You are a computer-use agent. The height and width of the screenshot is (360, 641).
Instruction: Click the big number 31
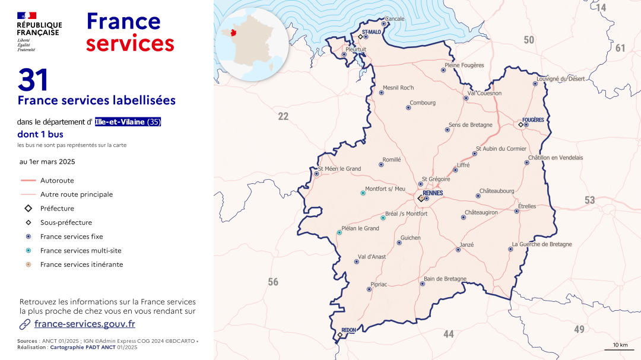coord(33,80)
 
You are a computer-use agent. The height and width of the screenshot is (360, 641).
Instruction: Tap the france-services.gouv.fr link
coord(84,324)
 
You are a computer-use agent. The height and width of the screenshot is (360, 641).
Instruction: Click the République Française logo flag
coord(27,15)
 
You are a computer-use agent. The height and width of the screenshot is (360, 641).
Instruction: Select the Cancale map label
coord(395,19)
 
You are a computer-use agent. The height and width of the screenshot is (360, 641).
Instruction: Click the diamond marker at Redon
coord(340,335)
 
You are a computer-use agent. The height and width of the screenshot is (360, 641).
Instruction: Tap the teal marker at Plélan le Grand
coord(339,232)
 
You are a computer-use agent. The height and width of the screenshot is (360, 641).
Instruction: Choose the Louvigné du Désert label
coord(560,79)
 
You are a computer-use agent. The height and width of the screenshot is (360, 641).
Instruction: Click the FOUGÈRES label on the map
coord(533,120)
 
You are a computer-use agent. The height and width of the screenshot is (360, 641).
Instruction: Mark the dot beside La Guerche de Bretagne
coord(510,249)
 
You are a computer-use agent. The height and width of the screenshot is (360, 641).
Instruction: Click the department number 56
coord(273,282)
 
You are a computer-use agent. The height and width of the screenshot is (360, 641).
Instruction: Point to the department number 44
coord(449,334)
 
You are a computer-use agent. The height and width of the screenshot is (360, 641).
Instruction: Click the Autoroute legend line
coord(28,180)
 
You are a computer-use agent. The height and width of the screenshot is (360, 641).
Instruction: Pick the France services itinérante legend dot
coord(28,265)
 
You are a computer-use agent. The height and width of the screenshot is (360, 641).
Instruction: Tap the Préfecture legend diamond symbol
coord(28,208)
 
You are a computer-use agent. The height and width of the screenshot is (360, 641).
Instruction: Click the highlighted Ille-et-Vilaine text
coord(128,122)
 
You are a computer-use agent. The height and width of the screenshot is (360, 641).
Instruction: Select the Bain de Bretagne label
coord(445,279)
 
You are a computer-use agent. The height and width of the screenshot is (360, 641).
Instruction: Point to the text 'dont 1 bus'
coord(40,135)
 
